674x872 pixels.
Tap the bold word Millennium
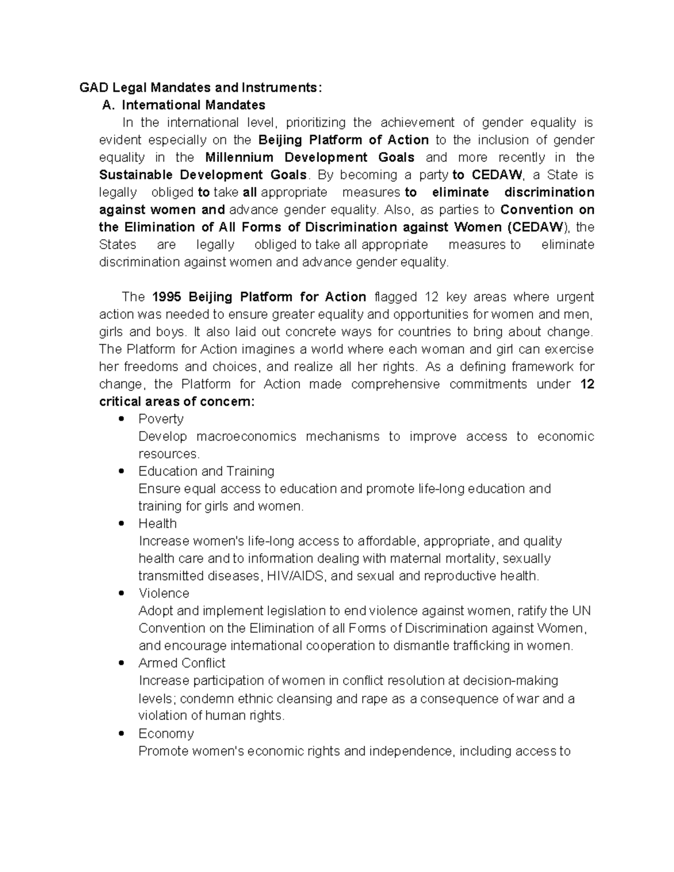tap(239, 157)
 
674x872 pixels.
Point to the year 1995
tap(167, 296)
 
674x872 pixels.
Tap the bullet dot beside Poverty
tap(121, 419)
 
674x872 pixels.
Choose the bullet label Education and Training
tap(206, 471)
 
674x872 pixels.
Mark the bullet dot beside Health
tap(121, 524)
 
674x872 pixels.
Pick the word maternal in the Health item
tap(413, 559)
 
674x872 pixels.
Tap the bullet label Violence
tap(163, 593)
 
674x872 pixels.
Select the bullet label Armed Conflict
tap(181, 663)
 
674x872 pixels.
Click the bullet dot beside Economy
tap(121, 734)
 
